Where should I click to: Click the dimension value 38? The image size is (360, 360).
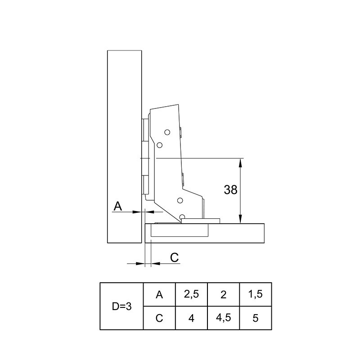pos(230,189)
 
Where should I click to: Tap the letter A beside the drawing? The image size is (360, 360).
pos(118,206)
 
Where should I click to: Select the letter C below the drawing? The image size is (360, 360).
pos(175,257)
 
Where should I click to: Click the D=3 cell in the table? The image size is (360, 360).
pos(121,306)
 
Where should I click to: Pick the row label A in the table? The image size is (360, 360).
pos(159,295)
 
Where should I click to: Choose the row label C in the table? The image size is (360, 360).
pos(159,318)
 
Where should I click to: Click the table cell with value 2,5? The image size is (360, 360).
pos(191,295)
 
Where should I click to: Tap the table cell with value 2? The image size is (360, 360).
pos(223,295)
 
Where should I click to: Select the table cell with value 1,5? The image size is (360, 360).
pos(256,295)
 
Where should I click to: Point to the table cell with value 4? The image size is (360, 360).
pos(191,318)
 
